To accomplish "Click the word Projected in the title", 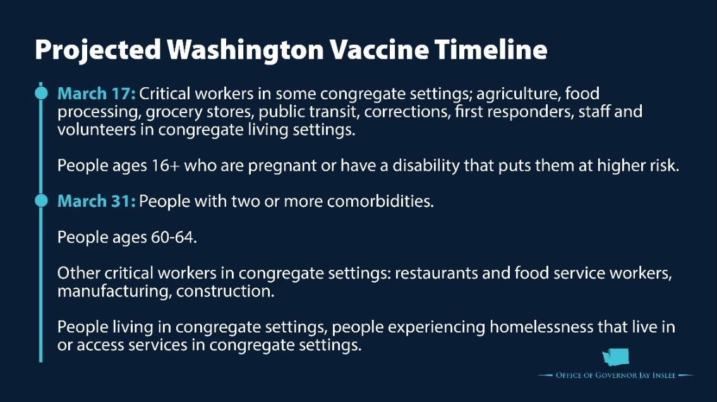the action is (98, 50).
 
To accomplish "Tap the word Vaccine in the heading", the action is (379, 49).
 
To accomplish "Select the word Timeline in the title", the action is (491, 49).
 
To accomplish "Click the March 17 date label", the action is (96, 94).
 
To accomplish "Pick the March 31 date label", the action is (96, 201).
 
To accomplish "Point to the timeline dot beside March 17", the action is (41, 93).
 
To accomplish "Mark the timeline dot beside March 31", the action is (41, 200).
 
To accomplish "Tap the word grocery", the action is (174, 113).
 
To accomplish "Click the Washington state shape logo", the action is (615, 357).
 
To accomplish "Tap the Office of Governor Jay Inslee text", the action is (615, 375).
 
